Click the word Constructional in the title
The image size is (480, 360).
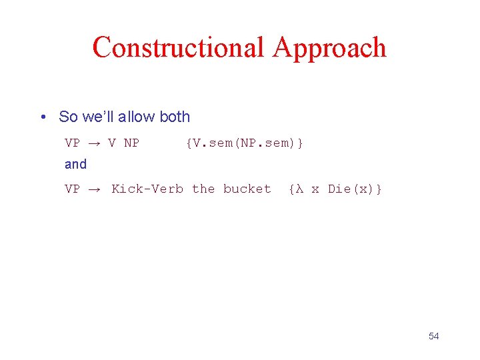178,48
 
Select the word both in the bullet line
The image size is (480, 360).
175,117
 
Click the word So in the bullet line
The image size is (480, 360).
68,117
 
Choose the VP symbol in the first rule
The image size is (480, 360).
72,143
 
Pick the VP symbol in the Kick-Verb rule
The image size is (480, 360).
72,189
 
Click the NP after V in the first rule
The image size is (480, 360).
131,143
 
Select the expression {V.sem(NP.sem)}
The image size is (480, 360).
245,143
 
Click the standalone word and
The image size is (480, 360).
75,164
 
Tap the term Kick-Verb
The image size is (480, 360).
147,189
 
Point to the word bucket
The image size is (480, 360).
247,189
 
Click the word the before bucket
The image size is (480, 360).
203,189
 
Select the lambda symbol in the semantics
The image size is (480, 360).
299,189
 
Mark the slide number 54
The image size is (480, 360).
434,336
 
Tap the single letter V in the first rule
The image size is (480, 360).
112,143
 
